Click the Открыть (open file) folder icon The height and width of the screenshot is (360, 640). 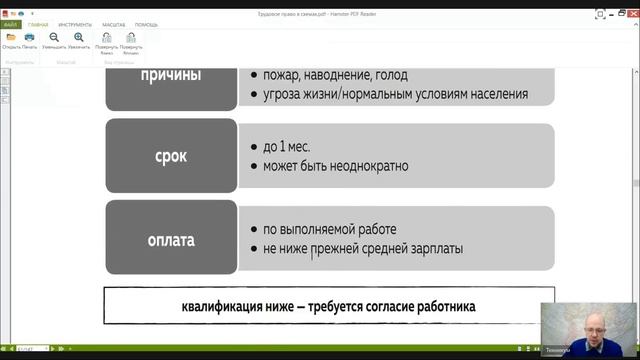click(x=11, y=37)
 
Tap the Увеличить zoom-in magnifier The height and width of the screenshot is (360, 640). click(x=79, y=37)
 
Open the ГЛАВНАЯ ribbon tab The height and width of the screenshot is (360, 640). click(x=37, y=23)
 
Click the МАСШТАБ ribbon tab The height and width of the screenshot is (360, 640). click(x=114, y=23)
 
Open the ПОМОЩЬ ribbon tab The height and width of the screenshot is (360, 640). click(x=147, y=23)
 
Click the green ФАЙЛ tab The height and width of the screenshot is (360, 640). click(x=10, y=23)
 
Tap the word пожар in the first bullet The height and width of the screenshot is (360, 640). click(x=287, y=75)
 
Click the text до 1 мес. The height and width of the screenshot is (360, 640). click(x=291, y=145)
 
